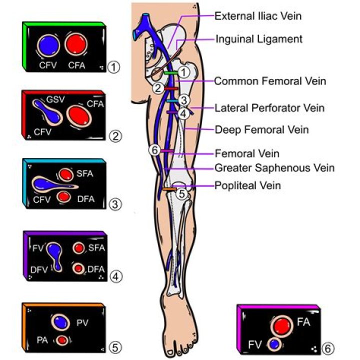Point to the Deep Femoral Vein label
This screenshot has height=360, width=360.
(261, 130)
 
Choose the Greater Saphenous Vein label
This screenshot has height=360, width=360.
(274, 168)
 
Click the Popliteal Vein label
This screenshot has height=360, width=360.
(247, 185)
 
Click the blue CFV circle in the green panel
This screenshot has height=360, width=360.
(49, 44)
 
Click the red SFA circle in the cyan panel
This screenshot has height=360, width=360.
(65, 175)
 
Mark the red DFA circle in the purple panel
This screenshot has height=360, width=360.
(78, 269)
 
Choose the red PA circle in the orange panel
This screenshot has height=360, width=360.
(62, 340)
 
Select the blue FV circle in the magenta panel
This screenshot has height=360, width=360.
(273, 344)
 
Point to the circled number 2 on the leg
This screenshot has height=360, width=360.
(157, 88)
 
